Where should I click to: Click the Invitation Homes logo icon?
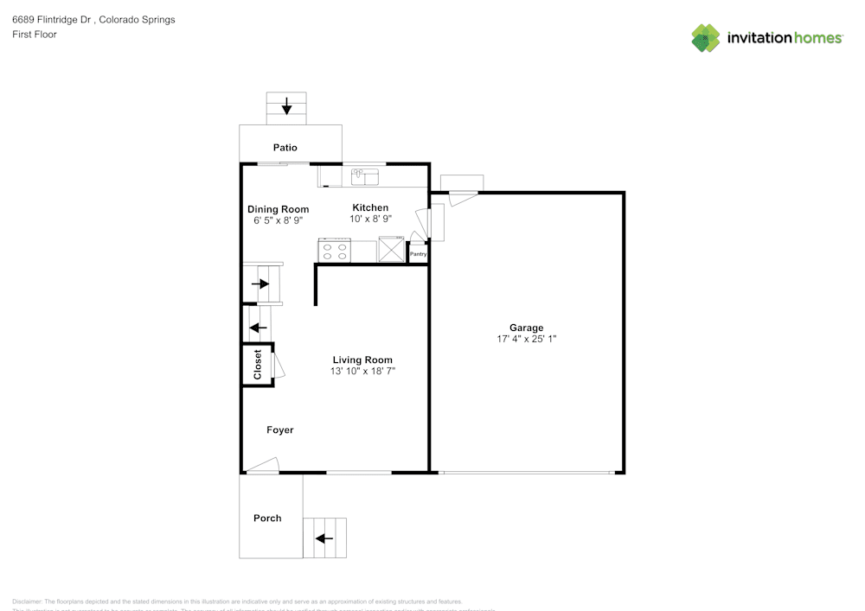706,37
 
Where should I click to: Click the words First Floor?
35,35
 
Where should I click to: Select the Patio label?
285,148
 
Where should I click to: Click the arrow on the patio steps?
286,106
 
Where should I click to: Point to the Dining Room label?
278,209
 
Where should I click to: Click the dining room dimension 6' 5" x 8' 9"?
278,220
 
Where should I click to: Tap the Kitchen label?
370,207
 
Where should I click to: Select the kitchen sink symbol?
365,176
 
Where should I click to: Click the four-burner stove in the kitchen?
335,251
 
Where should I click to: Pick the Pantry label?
418,254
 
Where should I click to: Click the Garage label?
526,328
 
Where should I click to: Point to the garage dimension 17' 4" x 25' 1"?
526,339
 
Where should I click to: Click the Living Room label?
362,360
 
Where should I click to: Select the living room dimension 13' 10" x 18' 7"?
362,371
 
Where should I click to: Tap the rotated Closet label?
257,365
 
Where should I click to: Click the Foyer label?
279,430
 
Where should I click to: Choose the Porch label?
267,518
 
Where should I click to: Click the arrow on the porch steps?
324,538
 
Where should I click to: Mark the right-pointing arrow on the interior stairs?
260,283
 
